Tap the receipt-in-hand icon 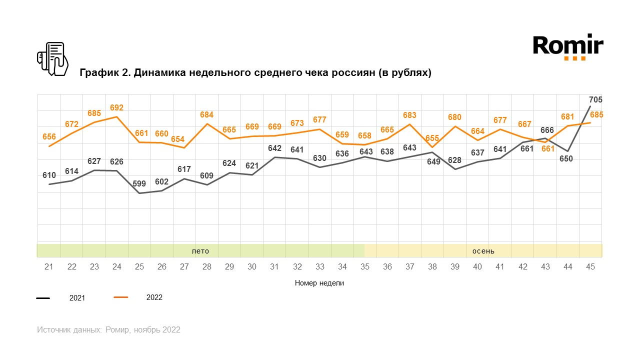point(52,59)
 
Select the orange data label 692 point(116,107)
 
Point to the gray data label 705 point(595,99)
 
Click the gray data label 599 point(139,183)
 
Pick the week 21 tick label point(49,267)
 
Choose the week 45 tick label point(590,267)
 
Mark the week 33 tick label point(319,267)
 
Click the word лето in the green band point(200,251)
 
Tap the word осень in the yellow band point(483,251)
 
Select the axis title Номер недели point(319,283)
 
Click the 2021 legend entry point(77,298)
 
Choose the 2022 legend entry point(154,297)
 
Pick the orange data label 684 point(206,115)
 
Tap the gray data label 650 point(567,159)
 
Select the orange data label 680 point(454,117)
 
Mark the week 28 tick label point(207,267)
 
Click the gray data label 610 point(49,175)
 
